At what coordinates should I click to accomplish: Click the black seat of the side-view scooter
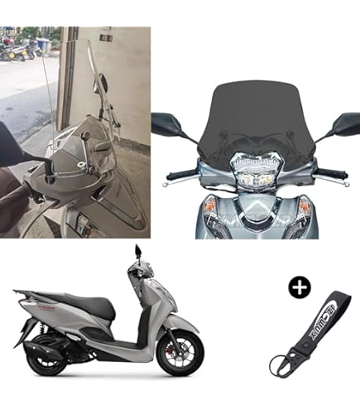pyautogui.click(x=89, y=308)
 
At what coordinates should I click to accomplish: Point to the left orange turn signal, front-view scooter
pyautogui.click(x=211, y=205)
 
